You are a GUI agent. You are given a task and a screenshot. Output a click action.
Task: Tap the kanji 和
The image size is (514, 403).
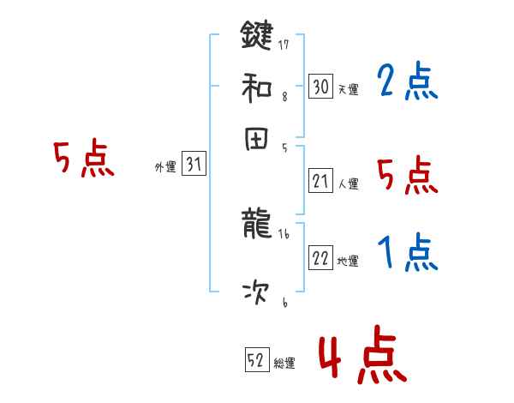257,87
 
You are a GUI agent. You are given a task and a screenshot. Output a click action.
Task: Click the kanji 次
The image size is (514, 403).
257,294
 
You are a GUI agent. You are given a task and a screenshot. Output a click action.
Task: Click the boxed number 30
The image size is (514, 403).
320,87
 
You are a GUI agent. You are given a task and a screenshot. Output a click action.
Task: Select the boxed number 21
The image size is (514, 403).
320,181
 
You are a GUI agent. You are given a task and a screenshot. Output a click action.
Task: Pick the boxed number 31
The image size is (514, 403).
194,165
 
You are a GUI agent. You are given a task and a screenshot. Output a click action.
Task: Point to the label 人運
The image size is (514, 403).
348,183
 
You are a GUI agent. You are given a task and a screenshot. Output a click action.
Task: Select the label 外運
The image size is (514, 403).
165,168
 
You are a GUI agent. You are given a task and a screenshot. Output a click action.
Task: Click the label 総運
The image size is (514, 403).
284,364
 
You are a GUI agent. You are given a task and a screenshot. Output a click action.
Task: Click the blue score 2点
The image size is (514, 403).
407,82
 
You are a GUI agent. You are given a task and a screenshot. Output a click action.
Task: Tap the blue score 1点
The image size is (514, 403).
407,253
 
